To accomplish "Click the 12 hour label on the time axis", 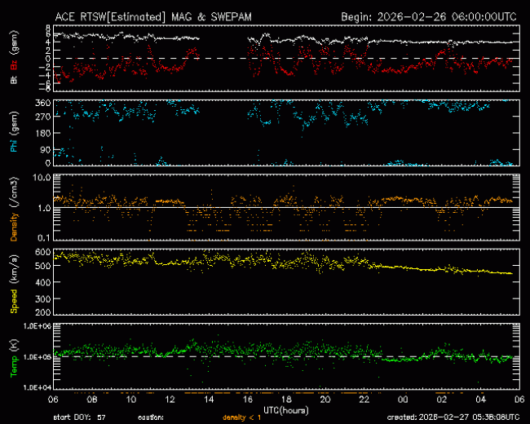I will (169, 400).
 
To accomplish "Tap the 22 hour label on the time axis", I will (364, 400).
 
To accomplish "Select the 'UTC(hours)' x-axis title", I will (285, 409).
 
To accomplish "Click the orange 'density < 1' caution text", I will (245, 417).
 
